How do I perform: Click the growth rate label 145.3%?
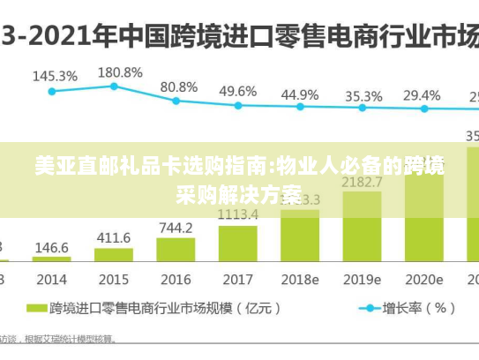click(x=55, y=76)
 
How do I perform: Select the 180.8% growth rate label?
click(x=120, y=71)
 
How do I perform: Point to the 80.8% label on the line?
click(x=179, y=87)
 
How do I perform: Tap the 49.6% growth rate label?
click(x=238, y=91)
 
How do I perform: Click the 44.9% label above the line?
click(x=300, y=94)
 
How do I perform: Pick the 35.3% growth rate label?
click(x=363, y=95)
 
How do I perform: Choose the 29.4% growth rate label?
click(x=422, y=94)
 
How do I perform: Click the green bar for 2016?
click(x=176, y=250)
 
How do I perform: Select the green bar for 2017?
click(x=238, y=243)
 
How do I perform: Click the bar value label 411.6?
click(x=113, y=238)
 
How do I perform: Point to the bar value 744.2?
click(x=176, y=228)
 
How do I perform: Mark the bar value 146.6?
click(x=52, y=248)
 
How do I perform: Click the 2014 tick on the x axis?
click(x=52, y=279)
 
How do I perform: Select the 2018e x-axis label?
click(x=300, y=279)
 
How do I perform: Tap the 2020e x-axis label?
click(x=423, y=279)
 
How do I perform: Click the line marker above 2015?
click(x=114, y=86)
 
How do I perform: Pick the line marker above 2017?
click(x=238, y=105)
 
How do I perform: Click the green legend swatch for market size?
click(x=36, y=308)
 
